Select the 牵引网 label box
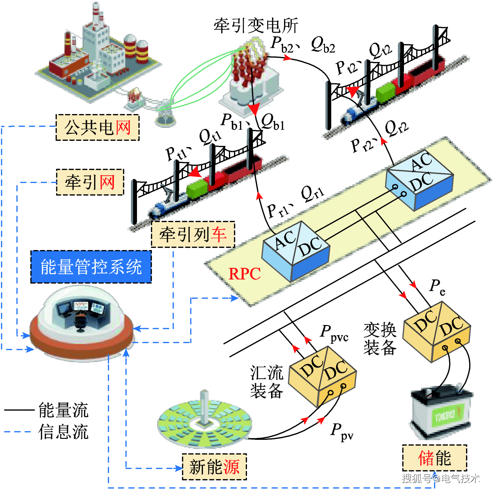pos(90,182)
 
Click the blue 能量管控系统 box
pos(91,267)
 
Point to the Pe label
pos(437,287)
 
